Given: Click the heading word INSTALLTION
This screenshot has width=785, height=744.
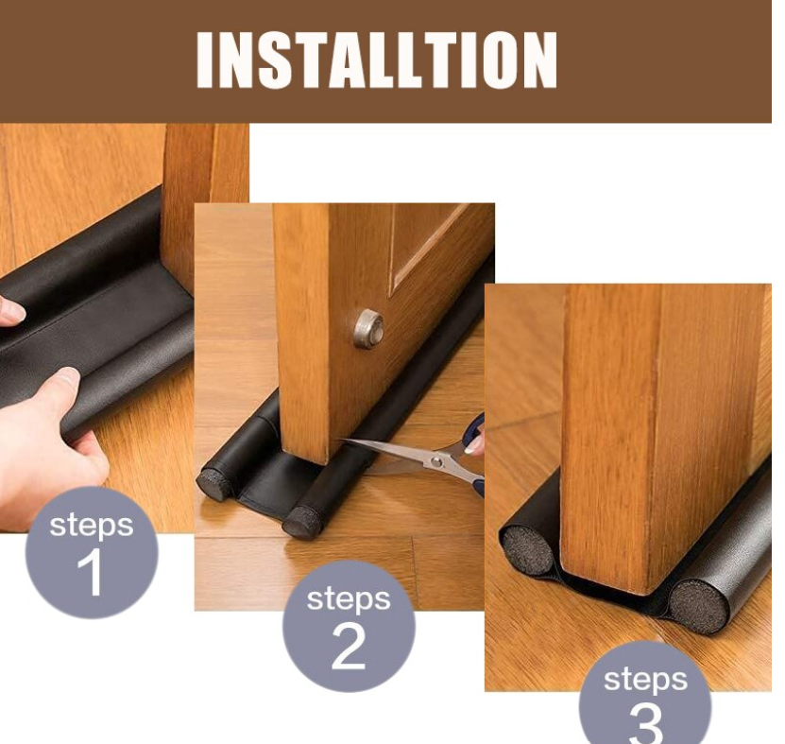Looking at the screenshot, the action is coord(377,61).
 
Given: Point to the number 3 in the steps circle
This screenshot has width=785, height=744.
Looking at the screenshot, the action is coord(646,724).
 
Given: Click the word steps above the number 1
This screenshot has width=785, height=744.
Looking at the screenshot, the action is coord(91,526).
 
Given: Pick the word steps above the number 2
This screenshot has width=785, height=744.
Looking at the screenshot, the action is coord(349,599).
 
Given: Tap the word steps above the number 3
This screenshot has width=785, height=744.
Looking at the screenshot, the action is coord(645,680).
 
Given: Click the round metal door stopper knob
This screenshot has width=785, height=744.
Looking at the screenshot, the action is coord(369,329).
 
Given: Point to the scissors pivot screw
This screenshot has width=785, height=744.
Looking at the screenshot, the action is coord(437,461).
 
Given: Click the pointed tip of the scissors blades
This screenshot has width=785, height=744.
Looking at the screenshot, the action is coord(342,441).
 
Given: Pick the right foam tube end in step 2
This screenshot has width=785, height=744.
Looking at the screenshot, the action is coord(301,522).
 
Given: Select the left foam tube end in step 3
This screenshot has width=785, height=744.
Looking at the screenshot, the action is coord(525,551).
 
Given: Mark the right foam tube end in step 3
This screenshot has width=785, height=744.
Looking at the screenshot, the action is coord(698,606).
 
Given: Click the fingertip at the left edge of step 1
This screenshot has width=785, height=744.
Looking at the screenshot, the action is coord(11,311).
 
